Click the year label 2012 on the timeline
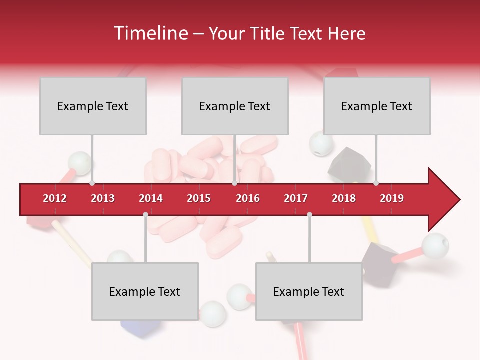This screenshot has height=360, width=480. coord(55,198)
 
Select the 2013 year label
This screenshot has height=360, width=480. coord(103,198)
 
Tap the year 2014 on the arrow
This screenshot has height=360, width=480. coord(151,198)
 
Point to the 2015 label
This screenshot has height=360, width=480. coord(199,198)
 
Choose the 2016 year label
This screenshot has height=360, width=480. coord(248,198)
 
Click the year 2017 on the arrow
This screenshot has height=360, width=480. coord(296,198)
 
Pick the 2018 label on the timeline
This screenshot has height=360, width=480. coord(344,198)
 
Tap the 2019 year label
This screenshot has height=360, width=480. coord(392,198)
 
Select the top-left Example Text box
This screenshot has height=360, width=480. coord(93,106)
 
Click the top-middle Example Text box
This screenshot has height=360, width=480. coord(235,106)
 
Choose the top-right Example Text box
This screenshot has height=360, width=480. coord(377,106)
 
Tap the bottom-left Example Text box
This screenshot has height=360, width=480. coord(145,292)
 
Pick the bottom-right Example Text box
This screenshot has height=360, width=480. coord(309,292)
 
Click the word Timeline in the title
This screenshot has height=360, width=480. coord(150,33)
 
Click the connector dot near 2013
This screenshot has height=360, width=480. coord(92,183)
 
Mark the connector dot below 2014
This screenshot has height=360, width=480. coord(145,215)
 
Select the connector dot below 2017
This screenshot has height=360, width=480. coord(309,215)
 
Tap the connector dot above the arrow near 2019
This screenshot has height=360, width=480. coord(376,183)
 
